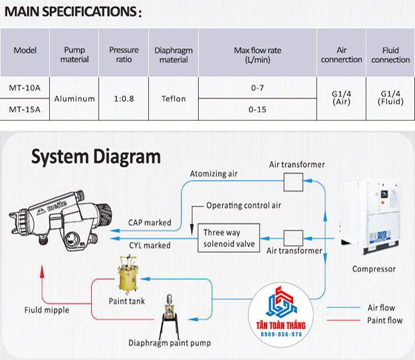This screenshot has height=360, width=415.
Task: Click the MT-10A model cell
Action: (25, 87)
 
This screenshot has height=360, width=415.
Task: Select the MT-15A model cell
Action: (25, 110)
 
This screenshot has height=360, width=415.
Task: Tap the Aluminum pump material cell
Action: (74, 99)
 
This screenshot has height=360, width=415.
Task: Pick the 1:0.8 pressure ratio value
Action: (124, 99)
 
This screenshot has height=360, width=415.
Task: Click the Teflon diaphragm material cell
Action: (174, 99)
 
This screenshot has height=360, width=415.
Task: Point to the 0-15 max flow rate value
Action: (257, 110)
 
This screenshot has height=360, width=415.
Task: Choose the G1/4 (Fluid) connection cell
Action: (390, 98)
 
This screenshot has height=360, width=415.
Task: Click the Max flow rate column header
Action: (257, 55)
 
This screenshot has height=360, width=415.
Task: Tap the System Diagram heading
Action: (96, 156)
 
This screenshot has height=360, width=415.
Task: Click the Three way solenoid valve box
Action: (229, 238)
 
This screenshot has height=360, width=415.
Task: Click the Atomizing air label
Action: (213, 174)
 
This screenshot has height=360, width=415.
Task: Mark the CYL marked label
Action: (149, 245)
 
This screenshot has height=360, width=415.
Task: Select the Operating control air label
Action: (243, 205)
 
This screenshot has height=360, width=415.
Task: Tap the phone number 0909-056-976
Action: (281, 335)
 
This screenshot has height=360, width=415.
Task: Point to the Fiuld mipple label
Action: (47, 310)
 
